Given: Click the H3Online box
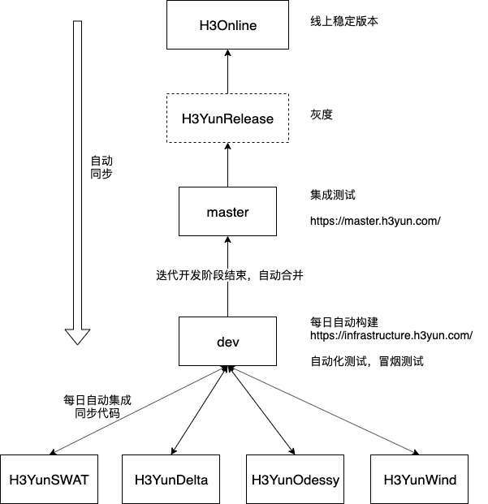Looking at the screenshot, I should pos(227,25).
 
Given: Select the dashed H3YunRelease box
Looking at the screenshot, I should pos(227,118).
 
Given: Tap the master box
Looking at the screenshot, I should pos(227,212).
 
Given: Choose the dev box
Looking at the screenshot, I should pos(227,342).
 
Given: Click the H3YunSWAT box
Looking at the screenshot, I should pos(49,480).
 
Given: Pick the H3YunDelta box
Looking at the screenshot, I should pos(171,480).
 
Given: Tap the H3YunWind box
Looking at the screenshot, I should pos(420,480).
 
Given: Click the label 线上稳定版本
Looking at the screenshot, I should pos(345,20).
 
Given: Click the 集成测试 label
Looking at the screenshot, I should pos(333,196).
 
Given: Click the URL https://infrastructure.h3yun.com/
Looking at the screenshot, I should pos(391,335).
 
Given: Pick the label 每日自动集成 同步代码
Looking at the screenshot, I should pos(97,407).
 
